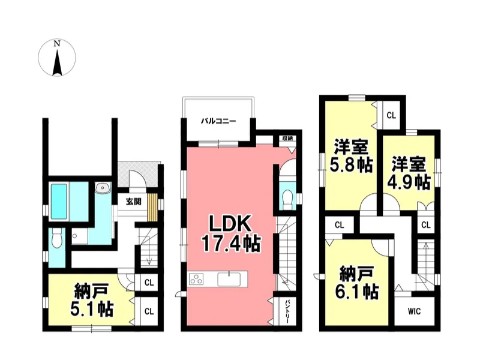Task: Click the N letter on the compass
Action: [x=56, y=44]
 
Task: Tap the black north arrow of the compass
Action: [x=57, y=63]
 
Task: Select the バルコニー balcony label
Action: [x=218, y=121]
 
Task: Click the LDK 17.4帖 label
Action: [x=230, y=233]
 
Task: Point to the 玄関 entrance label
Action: [x=133, y=202]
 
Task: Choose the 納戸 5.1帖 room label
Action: [x=92, y=300]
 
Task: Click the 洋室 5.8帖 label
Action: [x=351, y=156]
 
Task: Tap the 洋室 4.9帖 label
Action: [x=409, y=173]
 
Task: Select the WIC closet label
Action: [x=414, y=311]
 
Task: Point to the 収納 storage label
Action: [x=287, y=139]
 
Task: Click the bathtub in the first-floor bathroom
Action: [x=59, y=201]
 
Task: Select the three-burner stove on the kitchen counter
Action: [x=196, y=279]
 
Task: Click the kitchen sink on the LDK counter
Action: [x=229, y=279]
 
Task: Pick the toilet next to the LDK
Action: [x=287, y=199]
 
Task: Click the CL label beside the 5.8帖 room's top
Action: [x=391, y=115]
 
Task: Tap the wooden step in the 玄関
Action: [x=152, y=207]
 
